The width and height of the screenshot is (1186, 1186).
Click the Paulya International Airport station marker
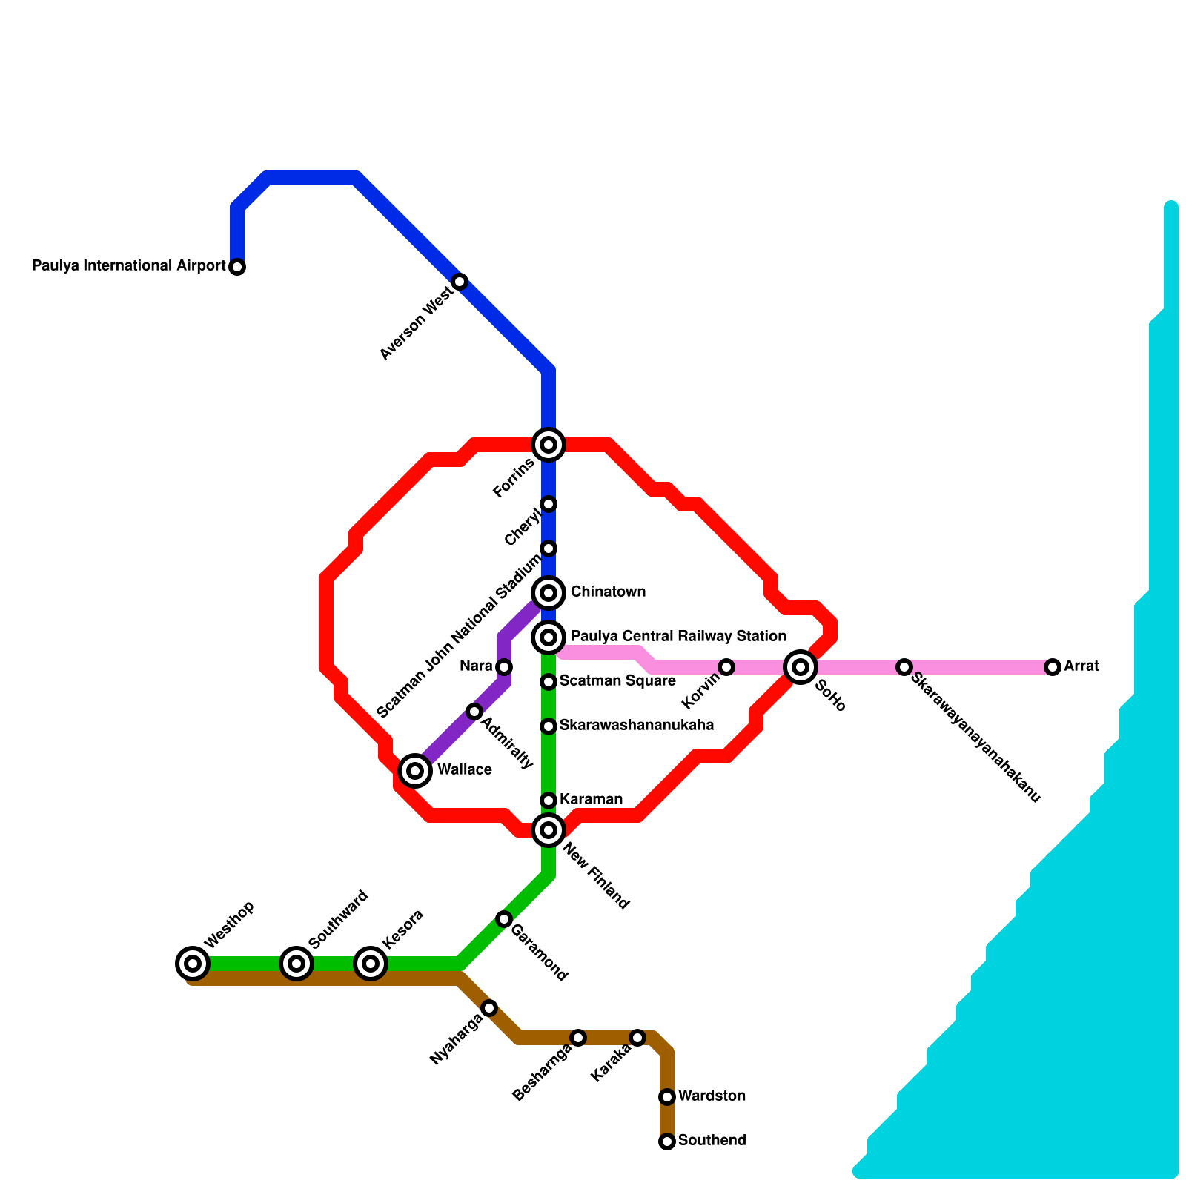tap(237, 267)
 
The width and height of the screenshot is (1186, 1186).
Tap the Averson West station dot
tap(460, 282)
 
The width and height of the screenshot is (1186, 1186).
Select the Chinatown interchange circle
tap(549, 593)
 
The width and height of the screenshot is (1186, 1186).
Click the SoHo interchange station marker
tap(801, 667)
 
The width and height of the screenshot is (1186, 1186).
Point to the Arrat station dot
tap(1053, 667)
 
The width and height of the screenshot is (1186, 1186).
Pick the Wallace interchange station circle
tap(415, 771)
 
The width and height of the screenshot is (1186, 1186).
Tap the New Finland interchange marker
tap(549, 830)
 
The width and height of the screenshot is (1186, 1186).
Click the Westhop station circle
tap(193, 964)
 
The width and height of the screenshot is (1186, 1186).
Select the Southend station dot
tap(667, 1142)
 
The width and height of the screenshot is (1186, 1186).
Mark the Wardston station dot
tap(667, 1097)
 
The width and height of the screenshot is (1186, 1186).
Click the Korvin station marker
tap(726, 667)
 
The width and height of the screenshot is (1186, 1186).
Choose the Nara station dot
tap(504, 667)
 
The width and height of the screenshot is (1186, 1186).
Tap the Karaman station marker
tap(549, 801)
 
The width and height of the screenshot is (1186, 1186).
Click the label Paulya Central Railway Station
tap(678, 637)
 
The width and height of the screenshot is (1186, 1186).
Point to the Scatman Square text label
tap(617, 681)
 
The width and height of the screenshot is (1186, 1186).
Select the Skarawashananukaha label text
tap(636, 726)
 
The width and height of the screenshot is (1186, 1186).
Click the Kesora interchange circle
tap(371, 964)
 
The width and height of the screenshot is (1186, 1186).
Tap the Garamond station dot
tap(504, 919)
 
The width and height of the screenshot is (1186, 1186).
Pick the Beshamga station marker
tap(578, 1038)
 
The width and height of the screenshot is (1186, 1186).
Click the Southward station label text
tap(338, 919)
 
